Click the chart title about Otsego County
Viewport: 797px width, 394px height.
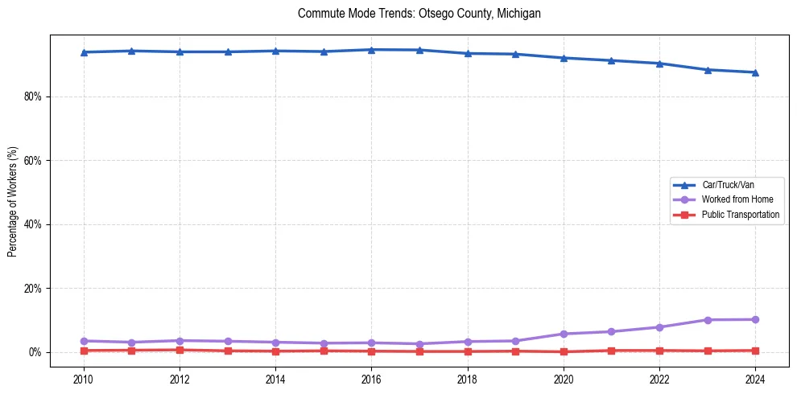419,14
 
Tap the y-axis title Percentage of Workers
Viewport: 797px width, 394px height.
12,202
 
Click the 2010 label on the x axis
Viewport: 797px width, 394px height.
83,380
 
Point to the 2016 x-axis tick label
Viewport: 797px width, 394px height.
371,380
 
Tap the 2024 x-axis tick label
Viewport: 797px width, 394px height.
755,380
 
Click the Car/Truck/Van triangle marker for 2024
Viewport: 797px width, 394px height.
755,72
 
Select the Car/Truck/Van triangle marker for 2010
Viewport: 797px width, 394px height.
83,52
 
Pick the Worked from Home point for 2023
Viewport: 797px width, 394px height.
708,320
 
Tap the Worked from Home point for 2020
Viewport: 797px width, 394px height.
564,334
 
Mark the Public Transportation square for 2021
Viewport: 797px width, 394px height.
612,351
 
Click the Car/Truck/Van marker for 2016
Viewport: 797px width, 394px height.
371,50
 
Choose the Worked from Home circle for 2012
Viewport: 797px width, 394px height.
180,341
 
